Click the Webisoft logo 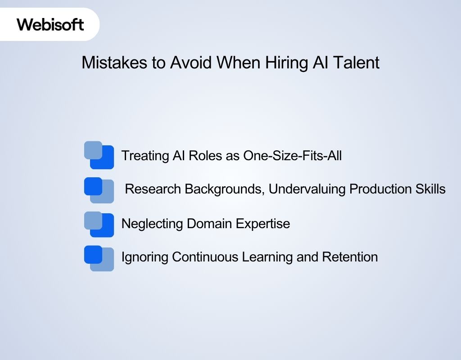pos(50,24)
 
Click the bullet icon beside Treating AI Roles pos(99,155)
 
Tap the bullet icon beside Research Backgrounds pos(99,190)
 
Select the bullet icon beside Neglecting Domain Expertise pos(99,224)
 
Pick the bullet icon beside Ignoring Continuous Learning pos(99,258)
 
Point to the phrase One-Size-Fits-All pos(293,156)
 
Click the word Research pos(154,189)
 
